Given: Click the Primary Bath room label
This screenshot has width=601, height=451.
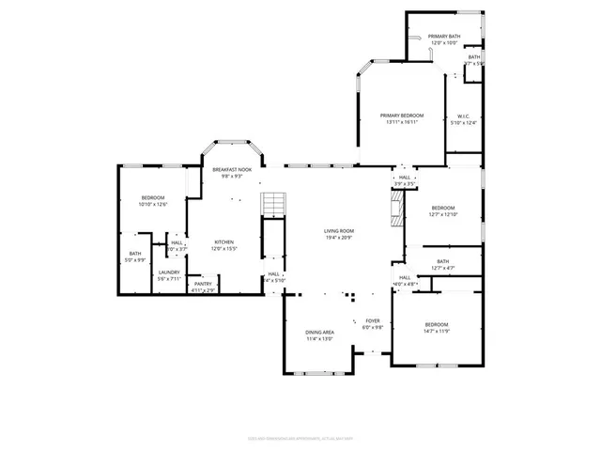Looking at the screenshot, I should pyautogui.click(x=443, y=38).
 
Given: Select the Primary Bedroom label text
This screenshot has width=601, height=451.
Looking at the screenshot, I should pyautogui.click(x=401, y=117).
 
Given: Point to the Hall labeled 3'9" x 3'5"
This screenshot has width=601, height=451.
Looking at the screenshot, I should pyautogui.click(x=404, y=179).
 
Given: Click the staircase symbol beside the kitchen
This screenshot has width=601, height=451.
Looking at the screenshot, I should pyautogui.click(x=271, y=203).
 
